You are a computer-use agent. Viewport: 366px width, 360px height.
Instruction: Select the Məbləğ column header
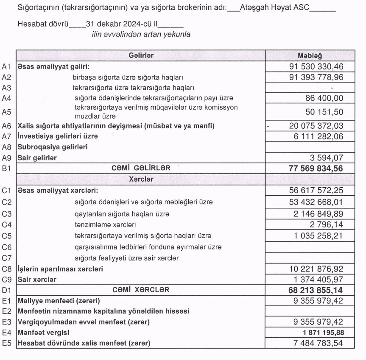[x=310, y=55]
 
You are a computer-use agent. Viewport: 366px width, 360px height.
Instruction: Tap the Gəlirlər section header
[x=140, y=55]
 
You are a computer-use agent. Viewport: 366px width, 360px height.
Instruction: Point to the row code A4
[x=6, y=99]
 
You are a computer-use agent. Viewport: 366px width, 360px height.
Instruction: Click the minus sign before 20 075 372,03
[x=268, y=126]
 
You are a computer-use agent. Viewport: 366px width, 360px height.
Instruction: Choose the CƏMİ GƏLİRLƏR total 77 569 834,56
[x=314, y=168]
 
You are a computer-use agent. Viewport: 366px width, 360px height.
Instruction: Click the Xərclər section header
[x=140, y=179]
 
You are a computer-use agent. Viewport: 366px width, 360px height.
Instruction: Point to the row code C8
[x=6, y=269]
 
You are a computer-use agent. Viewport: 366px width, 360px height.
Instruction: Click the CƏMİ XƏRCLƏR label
[x=140, y=290]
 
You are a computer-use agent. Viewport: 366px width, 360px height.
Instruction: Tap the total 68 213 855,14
[x=314, y=290]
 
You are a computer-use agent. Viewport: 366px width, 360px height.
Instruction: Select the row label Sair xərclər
[x=37, y=280]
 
